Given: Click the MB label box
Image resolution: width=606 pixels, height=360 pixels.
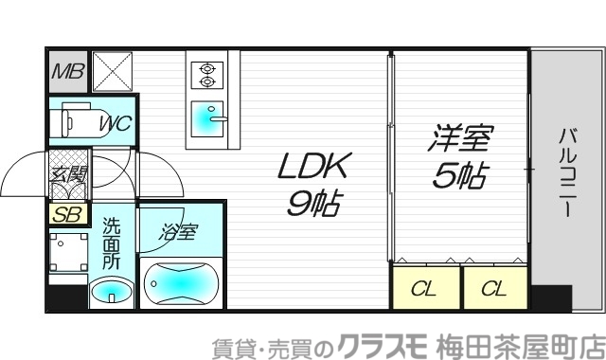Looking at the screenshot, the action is click(x=66, y=69).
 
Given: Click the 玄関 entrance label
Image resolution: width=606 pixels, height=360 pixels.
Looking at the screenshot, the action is click(x=68, y=174).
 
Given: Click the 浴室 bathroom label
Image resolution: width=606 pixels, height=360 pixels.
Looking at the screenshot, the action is click(x=179, y=231).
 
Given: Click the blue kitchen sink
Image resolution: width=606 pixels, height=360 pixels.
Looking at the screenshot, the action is click(x=206, y=119).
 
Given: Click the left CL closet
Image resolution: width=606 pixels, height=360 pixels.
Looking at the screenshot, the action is click(x=424, y=289).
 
